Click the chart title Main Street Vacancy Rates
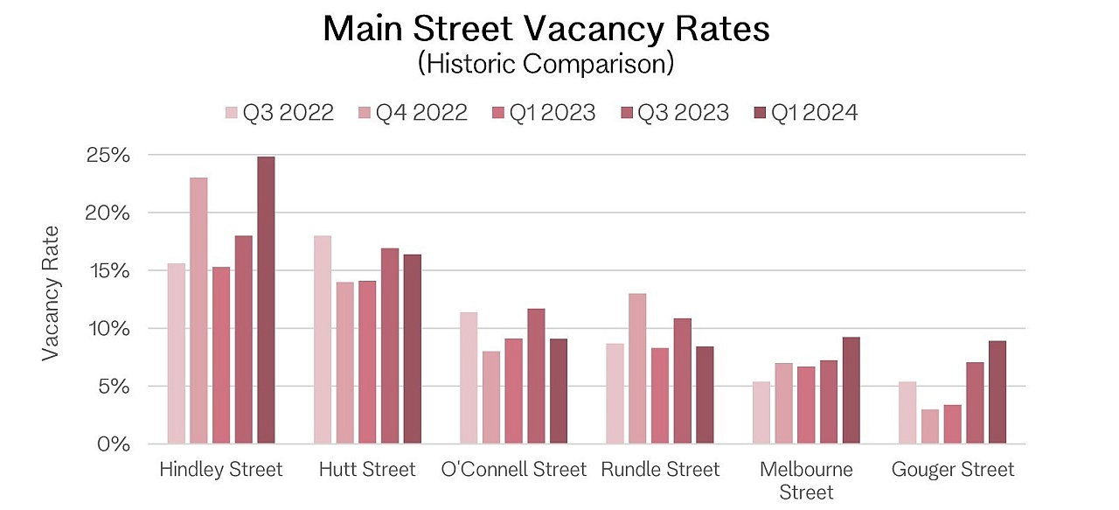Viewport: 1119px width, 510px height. click(x=546, y=29)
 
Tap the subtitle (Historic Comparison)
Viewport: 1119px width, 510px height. click(x=546, y=64)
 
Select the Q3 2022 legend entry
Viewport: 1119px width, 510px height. click(x=280, y=113)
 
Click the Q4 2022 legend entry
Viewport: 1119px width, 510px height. click(x=412, y=113)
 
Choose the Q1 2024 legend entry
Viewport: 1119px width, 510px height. click(x=804, y=113)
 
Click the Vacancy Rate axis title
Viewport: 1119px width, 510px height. click(x=52, y=293)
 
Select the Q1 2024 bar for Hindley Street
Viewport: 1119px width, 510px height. click(x=266, y=300)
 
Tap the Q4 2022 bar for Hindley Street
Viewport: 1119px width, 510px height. click(x=198, y=311)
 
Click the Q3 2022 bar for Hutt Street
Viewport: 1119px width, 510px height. click(x=323, y=339)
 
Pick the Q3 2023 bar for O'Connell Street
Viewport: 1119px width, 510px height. click(x=536, y=376)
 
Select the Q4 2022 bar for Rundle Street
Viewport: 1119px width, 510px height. click(x=636, y=368)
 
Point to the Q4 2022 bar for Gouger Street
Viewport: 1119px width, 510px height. click(x=929, y=426)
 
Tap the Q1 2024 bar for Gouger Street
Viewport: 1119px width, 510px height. click(x=997, y=392)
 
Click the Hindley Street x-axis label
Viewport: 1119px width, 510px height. click(x=221, y=470)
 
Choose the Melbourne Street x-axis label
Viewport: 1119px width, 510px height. click(x=806, y=480)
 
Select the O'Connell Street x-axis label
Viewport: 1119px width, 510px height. click(x=513, y=470)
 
